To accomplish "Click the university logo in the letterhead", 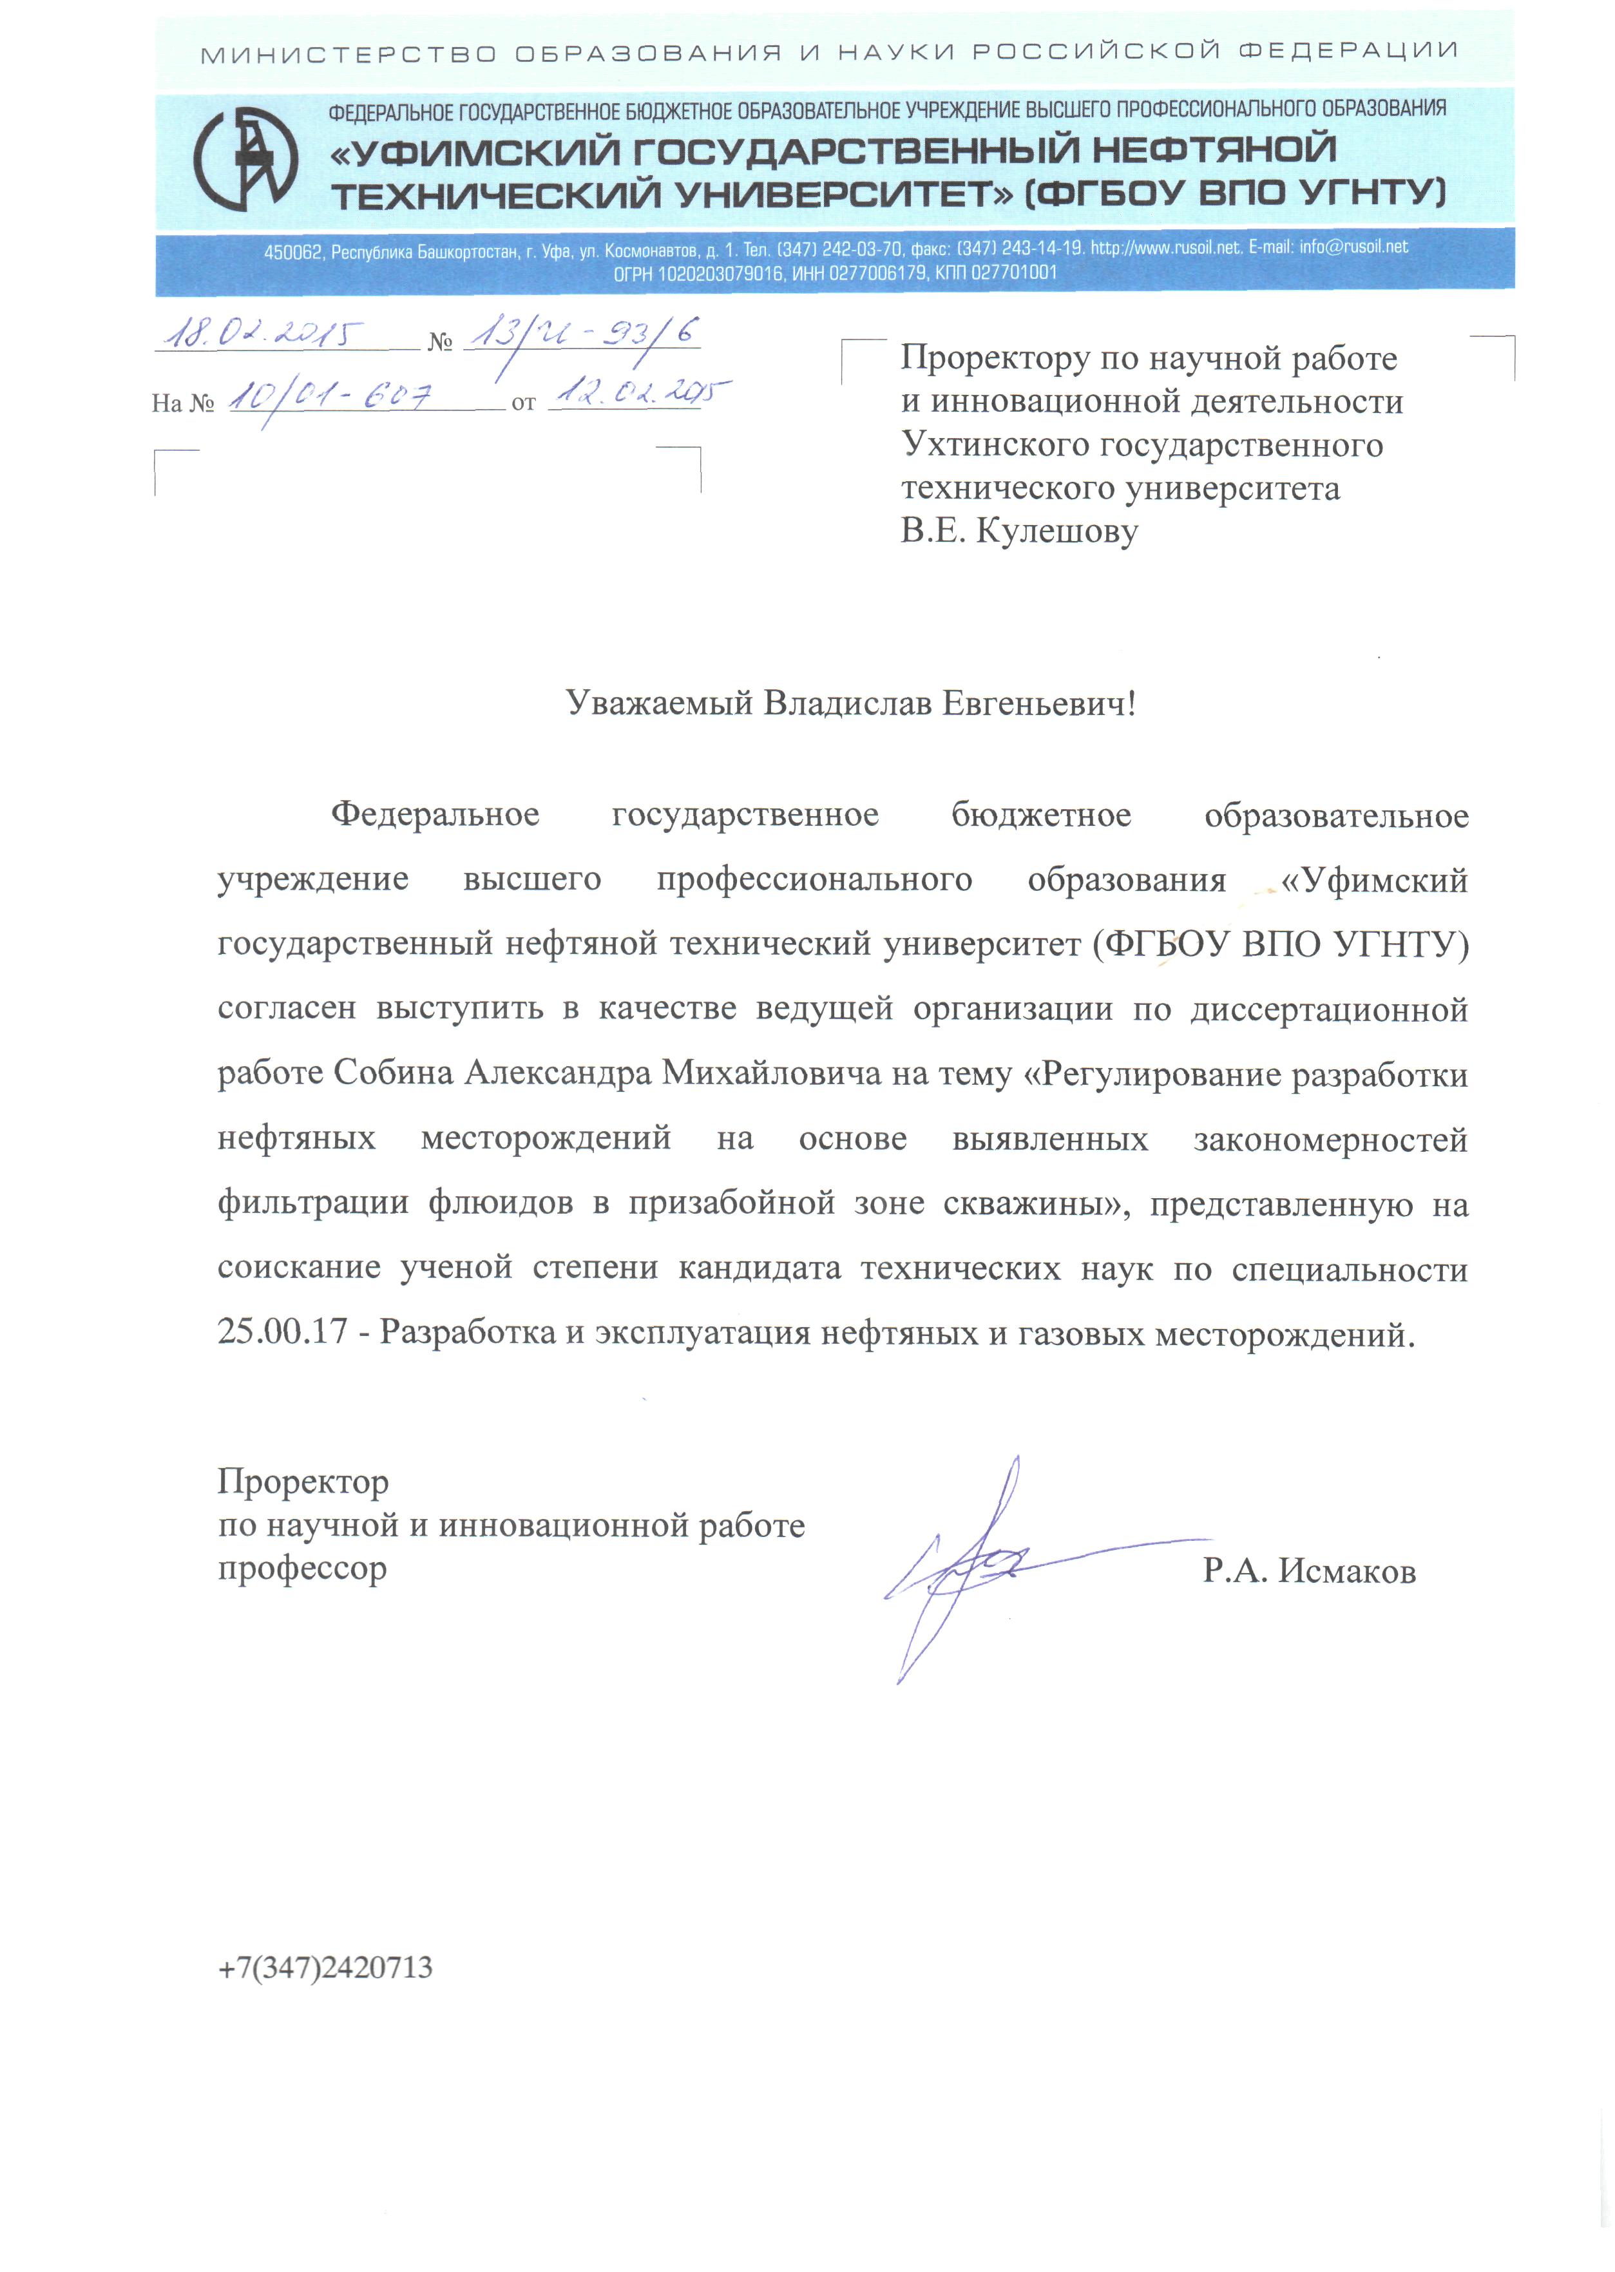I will (x=245, y=159).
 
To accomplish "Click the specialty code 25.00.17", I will (x=282, y=1332).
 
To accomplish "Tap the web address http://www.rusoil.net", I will (x=1165, y=247).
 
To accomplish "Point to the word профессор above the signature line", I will (x=302, y=1569).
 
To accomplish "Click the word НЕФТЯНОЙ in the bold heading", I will (x=1214, y=150).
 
